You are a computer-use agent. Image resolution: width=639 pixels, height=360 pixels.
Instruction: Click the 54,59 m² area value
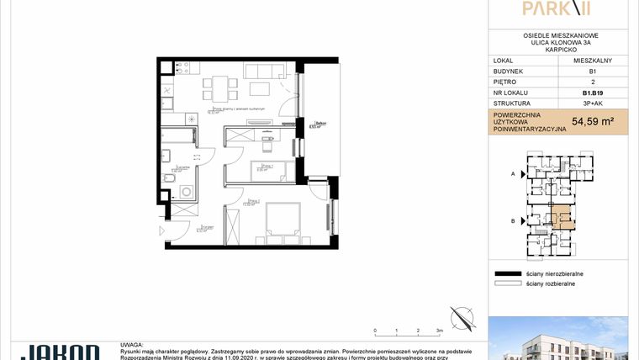(x=593, y=121)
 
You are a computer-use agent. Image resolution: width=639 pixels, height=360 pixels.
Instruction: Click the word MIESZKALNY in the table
(x=593, y=61)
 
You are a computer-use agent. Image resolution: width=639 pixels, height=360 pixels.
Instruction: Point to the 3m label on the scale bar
(x=440, y=331)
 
